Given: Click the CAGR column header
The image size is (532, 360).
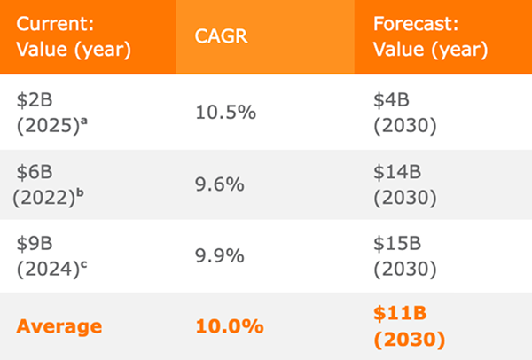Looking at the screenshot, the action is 221,36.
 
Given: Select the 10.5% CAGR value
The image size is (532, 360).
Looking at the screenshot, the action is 225,113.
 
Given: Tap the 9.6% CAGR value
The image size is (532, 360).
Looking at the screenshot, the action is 220,184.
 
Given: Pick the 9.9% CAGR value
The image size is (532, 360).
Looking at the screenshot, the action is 220,255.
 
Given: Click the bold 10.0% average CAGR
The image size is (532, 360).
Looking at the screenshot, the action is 230,326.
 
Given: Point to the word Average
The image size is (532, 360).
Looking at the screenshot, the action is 59,326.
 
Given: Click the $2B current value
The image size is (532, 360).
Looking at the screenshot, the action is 35,100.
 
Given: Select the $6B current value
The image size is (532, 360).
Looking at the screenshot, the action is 35,172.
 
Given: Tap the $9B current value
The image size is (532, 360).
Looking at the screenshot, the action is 35,244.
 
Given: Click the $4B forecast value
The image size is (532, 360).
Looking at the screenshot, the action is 392,100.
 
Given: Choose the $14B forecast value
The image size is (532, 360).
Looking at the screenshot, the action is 397,172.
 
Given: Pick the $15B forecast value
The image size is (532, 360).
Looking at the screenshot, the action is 397,244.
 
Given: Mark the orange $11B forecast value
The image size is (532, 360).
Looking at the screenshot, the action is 400,313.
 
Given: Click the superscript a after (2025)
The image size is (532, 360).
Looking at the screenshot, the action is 84,121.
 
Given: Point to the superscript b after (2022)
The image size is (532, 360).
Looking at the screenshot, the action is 80,192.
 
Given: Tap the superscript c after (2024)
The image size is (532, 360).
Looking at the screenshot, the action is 83,264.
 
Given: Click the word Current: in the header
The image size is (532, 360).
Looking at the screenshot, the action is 55,24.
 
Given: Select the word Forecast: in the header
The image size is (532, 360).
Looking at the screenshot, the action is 416,24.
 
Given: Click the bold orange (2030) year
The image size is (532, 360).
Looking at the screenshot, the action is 410,340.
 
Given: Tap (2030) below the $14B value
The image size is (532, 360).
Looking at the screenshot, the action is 405,198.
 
